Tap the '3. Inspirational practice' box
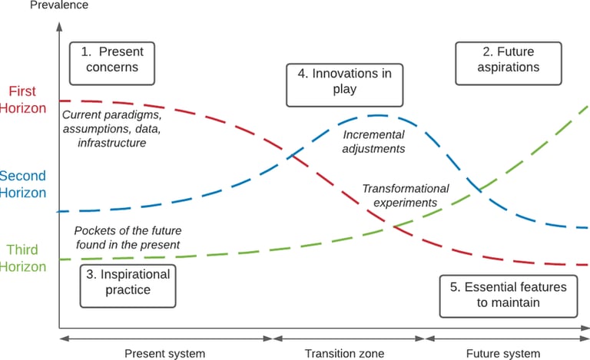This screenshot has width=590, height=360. [128, 282]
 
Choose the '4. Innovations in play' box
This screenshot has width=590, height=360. [344, 81]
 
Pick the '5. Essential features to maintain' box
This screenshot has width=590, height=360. [507, 295]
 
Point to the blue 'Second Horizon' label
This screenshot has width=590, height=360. [23, 184]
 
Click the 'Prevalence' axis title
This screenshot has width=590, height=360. [59, 5]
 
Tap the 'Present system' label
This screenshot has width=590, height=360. [165, 353]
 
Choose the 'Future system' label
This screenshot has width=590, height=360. [503, 353]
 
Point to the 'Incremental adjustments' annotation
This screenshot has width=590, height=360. [373, 141]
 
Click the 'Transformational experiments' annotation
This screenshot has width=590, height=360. [399, 195]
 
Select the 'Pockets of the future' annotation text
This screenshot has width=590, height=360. [127, 237]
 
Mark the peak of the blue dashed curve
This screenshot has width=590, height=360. [376, 115]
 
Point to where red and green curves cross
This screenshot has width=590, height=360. [393, 226]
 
